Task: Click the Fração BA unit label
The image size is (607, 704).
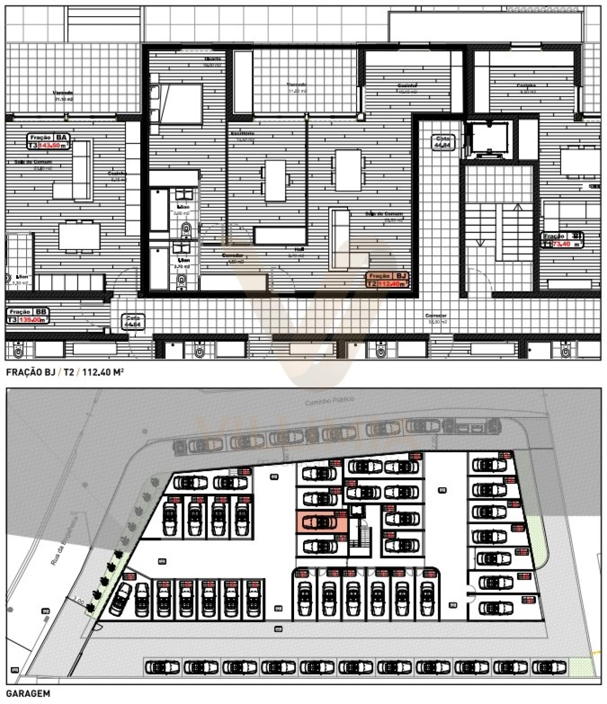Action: [x=48, y=141]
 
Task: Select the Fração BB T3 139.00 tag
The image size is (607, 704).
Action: [x=28, y=316]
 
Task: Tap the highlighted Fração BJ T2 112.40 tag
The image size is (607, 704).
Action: [x=386, y=280]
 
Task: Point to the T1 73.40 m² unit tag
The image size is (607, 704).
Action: [x=562, y=240]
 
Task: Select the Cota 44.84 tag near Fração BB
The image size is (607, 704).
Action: [x=133, y=322]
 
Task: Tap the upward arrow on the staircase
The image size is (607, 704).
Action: [x=518, y=208]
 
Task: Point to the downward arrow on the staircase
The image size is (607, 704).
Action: [x=480, y=243]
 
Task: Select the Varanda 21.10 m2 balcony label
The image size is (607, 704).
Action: [x=63, y=96]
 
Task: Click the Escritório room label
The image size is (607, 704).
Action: [x=243, y=134]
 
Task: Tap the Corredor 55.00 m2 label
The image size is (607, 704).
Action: [x=436, y=318]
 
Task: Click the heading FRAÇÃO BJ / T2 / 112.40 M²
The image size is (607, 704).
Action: [x=65, y=372]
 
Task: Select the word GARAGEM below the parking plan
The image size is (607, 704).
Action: [x=28, y=694]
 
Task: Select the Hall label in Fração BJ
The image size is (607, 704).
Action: [x=299, y=249]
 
